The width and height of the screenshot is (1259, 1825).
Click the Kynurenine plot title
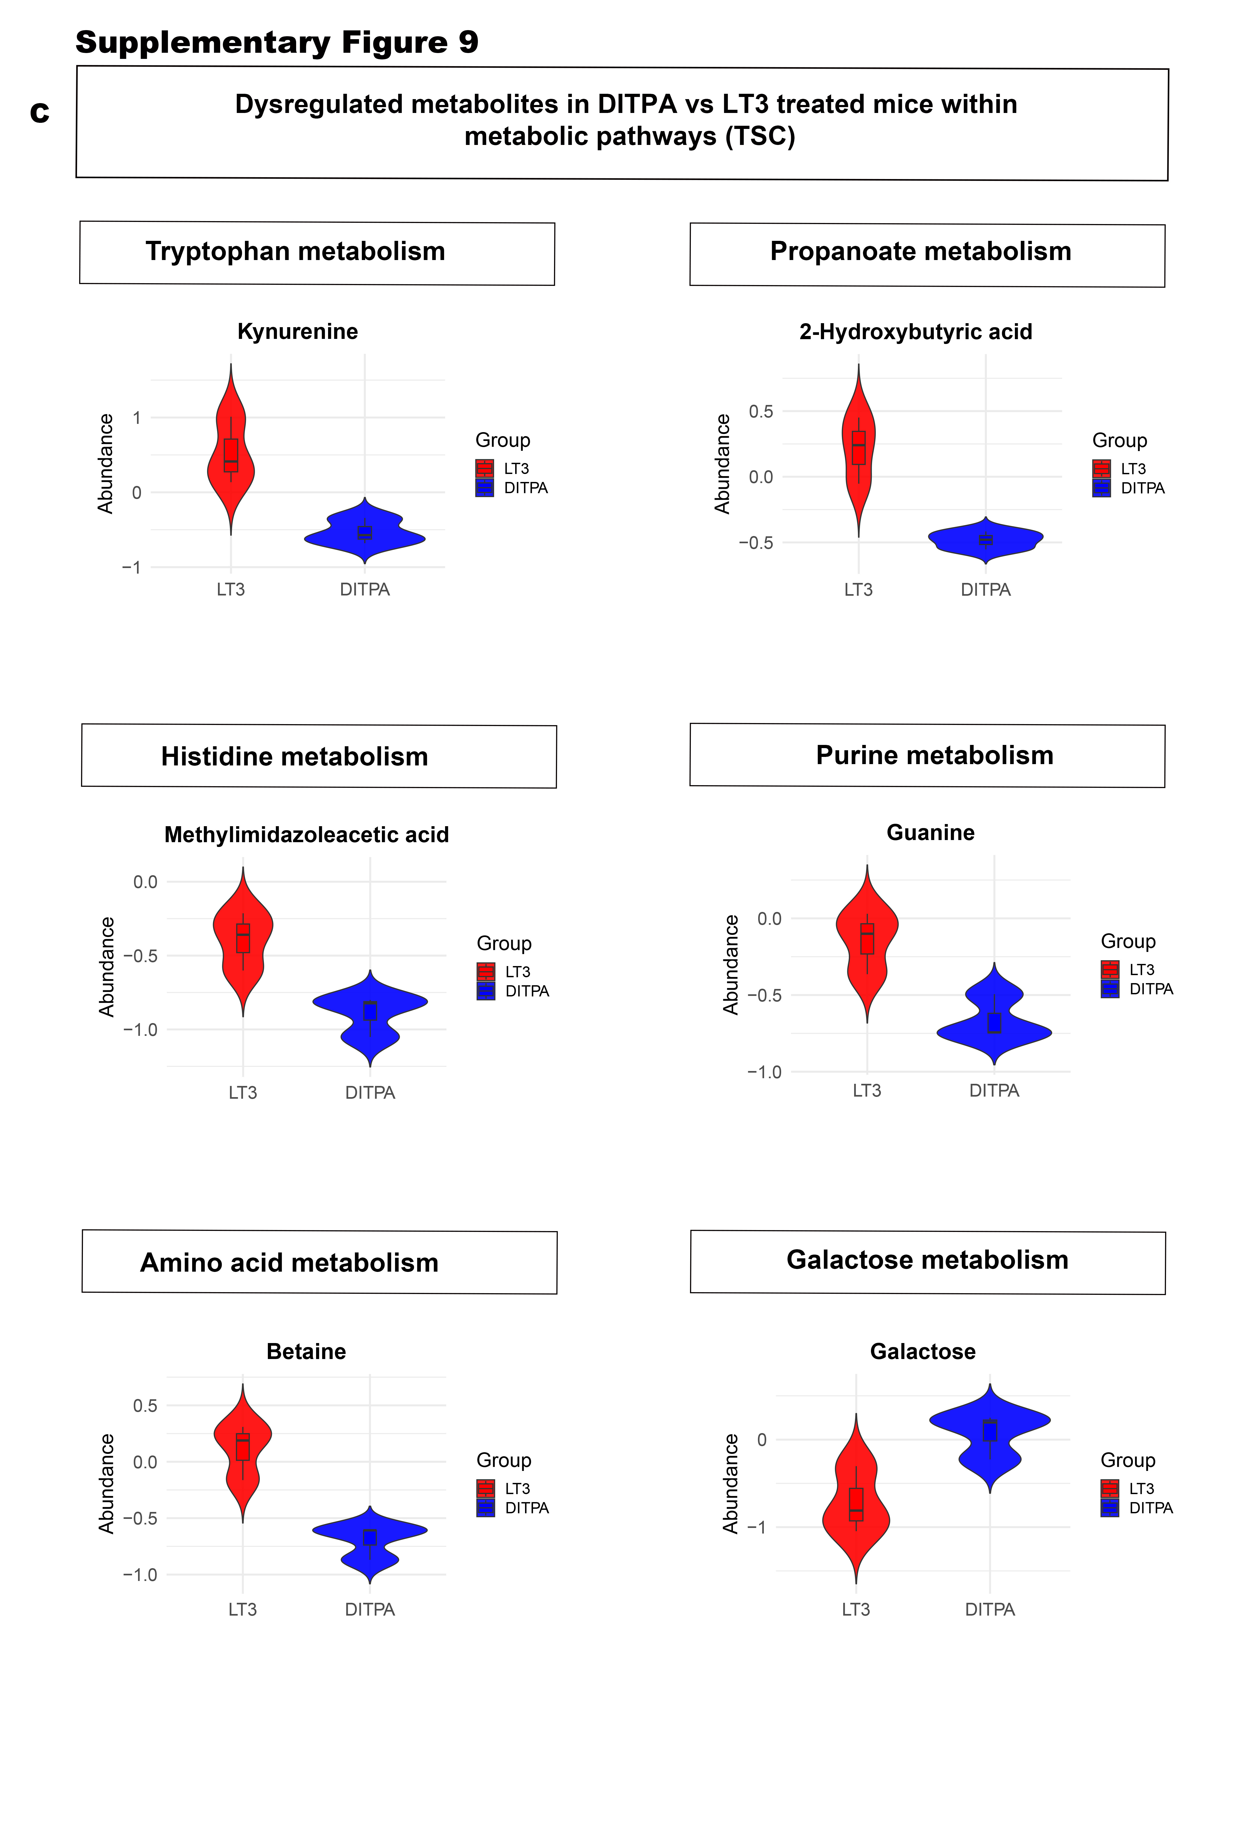[297, 331]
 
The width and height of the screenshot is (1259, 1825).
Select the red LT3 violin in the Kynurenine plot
[230, 465]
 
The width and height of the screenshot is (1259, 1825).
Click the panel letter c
[39, 113]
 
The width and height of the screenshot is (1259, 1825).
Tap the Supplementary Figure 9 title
[277, 42]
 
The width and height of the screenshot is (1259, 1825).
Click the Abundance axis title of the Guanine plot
[731, 964]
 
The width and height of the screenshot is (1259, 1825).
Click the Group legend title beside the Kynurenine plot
[502, 440]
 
